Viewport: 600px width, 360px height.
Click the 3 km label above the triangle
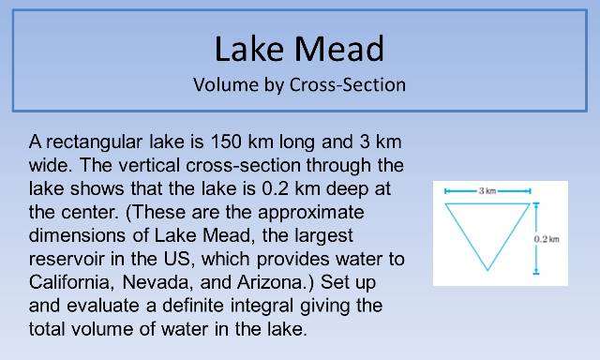click(x=487, y=191)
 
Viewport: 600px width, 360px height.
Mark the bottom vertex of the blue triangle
click(x=487, y=272)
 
